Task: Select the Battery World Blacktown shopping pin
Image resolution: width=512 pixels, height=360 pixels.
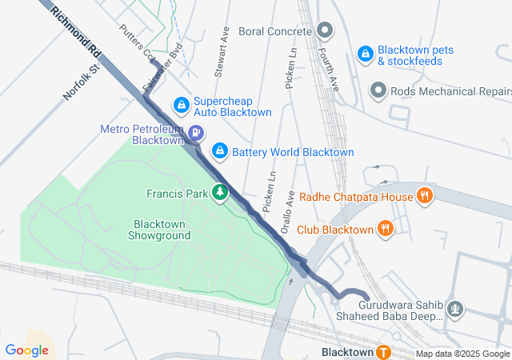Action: (218, 150)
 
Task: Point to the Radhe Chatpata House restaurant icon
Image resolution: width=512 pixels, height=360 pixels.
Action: (425, 196)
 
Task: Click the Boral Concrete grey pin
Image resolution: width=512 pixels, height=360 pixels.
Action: (324, 31)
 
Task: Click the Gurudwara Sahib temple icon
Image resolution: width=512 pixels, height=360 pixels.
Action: (456, 308)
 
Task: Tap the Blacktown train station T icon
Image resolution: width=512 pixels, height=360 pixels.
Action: (384, 352)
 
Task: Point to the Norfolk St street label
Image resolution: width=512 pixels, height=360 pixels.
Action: (80, 83)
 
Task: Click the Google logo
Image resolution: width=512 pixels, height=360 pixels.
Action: (26, 350)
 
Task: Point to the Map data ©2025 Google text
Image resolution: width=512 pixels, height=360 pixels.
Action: (461, 354)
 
